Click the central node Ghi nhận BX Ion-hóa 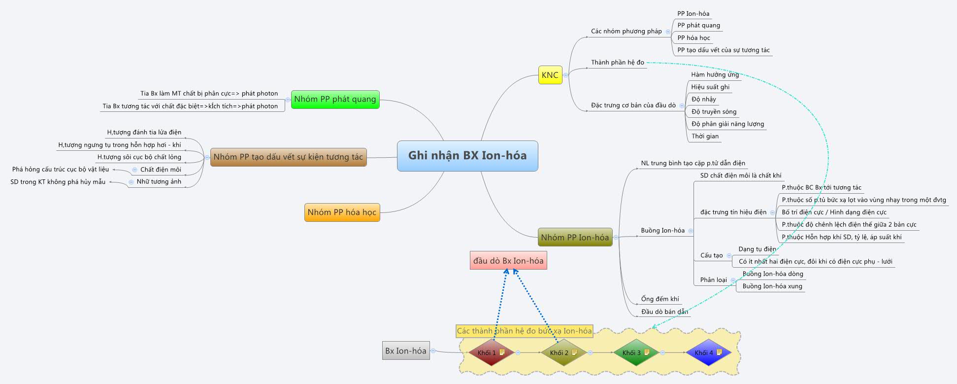(467, 156)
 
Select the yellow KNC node (550, 75)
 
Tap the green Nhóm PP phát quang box (335, 99)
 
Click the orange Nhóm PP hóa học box (342, 212)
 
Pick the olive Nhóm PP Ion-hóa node (574, 237)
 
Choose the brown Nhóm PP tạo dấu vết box (288, 157)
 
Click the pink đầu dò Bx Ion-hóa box (508, 261)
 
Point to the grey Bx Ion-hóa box (405, 351)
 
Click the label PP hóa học (693, 38)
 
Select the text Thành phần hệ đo (617, 63)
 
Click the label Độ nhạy (703, 100)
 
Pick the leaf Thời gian (704, 137)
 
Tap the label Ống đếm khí (660, 299)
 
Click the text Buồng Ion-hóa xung (772, 286)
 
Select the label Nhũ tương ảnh (159, 182)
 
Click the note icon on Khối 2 (574, 352)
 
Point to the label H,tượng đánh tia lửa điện (144, 133)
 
